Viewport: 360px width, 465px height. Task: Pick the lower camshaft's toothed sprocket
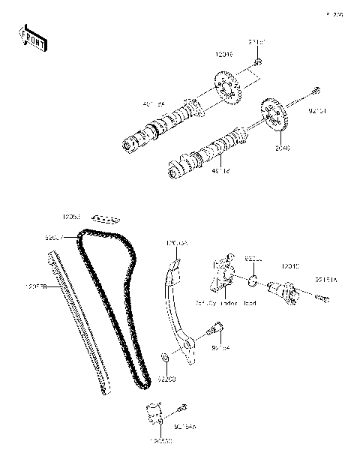275,116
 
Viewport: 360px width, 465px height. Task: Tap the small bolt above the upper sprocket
257,63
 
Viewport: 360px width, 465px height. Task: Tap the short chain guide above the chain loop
108,219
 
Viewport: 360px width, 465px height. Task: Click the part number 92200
166,380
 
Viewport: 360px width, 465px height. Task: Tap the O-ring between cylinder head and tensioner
254,282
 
